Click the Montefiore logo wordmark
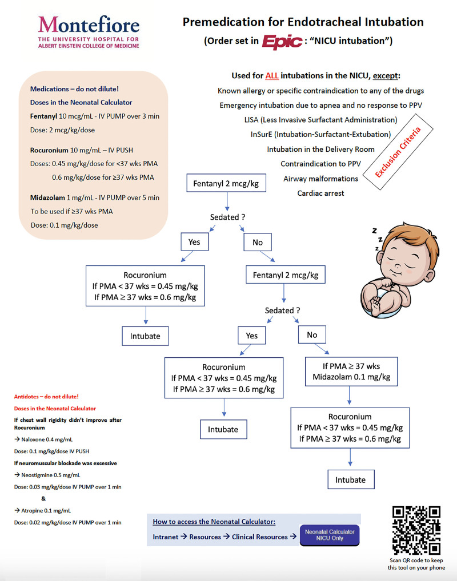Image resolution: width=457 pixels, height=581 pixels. (89, 25)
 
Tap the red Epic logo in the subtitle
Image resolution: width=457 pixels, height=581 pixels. (283, 42)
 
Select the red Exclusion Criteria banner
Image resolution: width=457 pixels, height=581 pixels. (398, 152)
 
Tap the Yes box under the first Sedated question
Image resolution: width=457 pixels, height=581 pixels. (194, 242)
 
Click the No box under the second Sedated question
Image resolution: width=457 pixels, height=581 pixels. (311, 335)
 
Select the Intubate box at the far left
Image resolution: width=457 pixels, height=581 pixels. (145, 336)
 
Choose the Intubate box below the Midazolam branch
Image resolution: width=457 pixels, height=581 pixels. (350, 479)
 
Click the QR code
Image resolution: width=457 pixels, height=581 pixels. (416, 530)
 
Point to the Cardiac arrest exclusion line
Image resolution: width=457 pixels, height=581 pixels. (320, 193)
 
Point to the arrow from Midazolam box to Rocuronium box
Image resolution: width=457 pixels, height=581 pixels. (349, 397)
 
